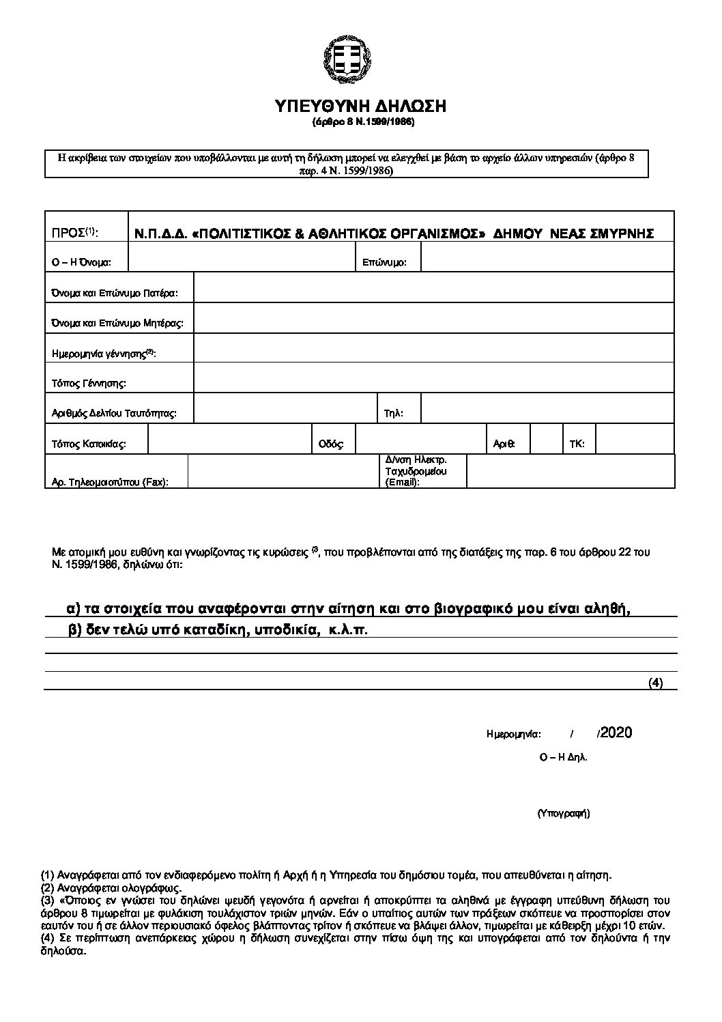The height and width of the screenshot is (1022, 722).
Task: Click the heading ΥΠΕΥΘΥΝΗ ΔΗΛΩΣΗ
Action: coord(360,106)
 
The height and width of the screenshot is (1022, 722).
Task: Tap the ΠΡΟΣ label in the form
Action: coord(75,233)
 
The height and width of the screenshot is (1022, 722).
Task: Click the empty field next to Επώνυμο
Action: coord(547,258)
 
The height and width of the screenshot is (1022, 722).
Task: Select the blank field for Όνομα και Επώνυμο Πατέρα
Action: coord(434,288)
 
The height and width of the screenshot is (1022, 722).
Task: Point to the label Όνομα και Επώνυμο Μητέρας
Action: coord(118,324)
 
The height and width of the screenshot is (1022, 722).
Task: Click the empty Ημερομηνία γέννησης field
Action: coord(434,348)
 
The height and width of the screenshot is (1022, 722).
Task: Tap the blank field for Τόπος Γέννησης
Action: coord(434,378)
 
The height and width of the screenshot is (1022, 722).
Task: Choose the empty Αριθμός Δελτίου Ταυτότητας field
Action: coord(285,408)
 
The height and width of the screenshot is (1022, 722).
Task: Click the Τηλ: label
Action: coord(394,414)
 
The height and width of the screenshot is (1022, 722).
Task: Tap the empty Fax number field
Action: coord(283,471)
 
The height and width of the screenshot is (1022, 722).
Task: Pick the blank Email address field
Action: coord(571,471)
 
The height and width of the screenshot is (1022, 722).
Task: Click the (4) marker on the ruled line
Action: coord(655,683)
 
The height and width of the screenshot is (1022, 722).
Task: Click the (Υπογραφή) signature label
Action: coord(563,813)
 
